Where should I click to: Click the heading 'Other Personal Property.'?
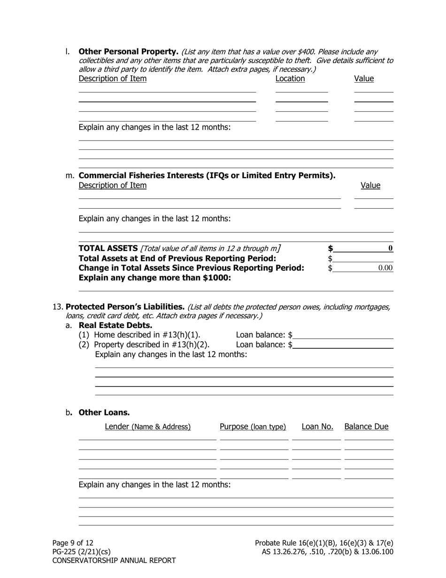click(128, 51)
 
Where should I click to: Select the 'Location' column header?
click(290, 78)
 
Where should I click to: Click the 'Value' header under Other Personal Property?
click(364, 78)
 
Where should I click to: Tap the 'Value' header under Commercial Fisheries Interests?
click(370, 185)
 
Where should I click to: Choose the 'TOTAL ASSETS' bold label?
click(107, 248)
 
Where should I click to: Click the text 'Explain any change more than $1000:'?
click(154, 278)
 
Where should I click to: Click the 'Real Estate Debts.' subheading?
click(115, 325)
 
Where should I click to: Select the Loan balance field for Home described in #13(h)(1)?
click(343, 335)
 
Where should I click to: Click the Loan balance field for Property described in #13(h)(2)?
click(343, 344)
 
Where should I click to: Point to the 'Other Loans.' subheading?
click(104, 413)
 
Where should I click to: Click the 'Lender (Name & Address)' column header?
click(147, 427)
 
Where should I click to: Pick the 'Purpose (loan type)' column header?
click(253, 427)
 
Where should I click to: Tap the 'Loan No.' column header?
click(317, 427)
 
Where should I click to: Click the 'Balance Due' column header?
click(366, 427)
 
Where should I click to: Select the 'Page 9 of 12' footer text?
click(73, 543)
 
